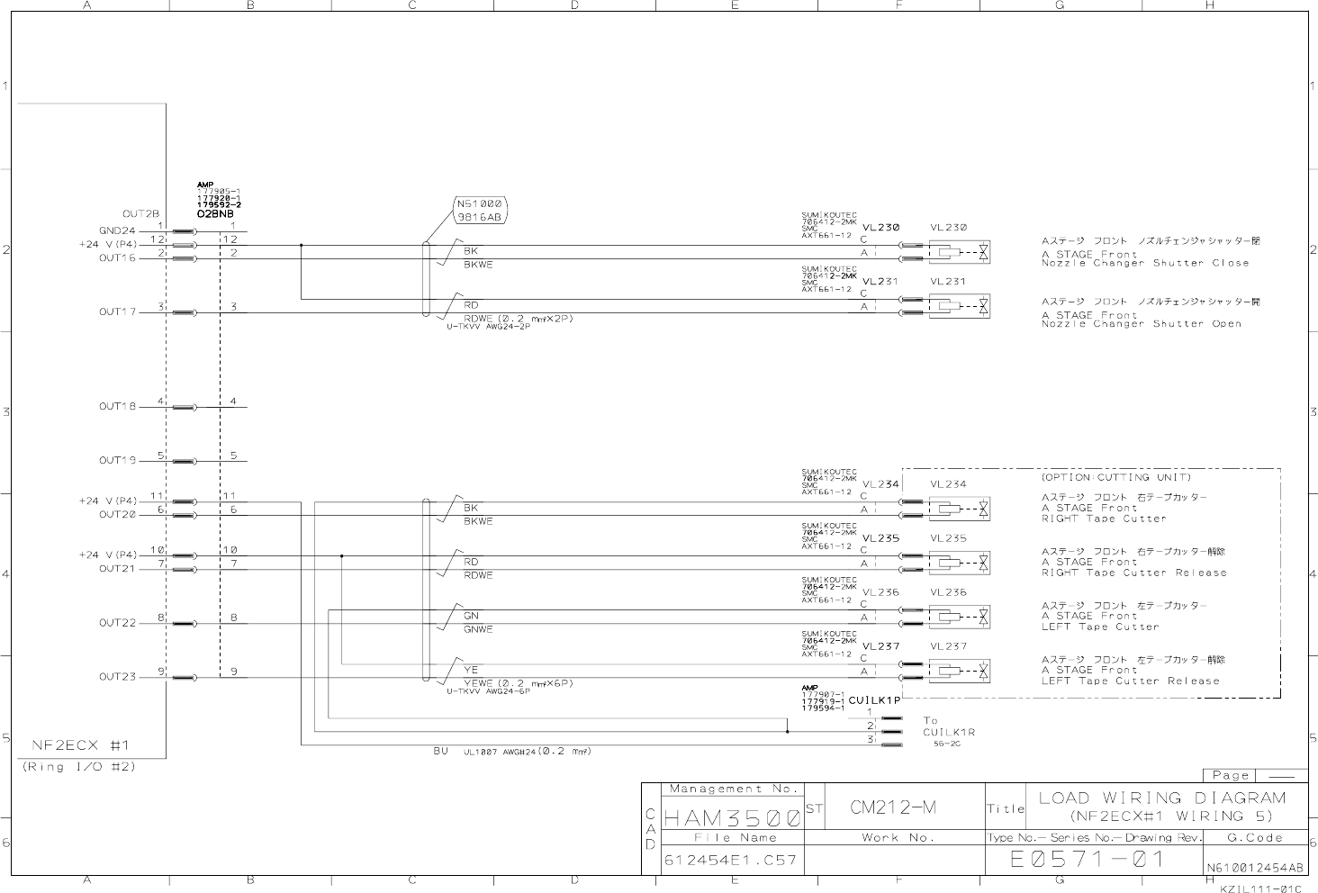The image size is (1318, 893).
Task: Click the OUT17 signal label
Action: tap(117, 312)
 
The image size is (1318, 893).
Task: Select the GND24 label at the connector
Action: tap(117, 230)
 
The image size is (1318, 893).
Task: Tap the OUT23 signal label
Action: tap(117, 677)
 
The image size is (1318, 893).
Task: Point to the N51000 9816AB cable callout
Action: tap(479, 210)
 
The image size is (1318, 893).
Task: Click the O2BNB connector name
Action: tap(215, 214)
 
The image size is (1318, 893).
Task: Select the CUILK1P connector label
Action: tap(874, 700)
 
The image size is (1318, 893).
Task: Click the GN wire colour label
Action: tap(471, 616)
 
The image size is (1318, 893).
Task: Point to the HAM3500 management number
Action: tap(731, 818)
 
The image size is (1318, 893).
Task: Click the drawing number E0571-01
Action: tap(1088, 860)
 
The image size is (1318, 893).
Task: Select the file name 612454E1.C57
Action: tap(730, 861)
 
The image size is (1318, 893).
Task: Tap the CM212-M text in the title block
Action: tap(893, 807)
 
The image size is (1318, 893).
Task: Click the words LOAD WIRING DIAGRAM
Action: tap(1162, 798)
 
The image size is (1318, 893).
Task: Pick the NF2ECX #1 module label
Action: tap(81, 745)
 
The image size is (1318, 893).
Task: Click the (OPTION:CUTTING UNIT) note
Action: tap(1116, 477)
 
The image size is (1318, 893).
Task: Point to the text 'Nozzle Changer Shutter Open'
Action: tap(1142, 324)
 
